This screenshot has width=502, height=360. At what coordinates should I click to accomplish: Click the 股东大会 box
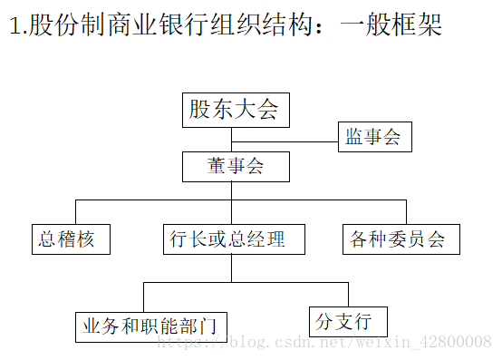[234, 111]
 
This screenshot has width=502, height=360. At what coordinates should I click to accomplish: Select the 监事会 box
[373, 138]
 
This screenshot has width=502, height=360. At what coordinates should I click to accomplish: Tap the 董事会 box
[235, 167]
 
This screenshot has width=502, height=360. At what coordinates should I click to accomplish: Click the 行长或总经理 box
[233, 239]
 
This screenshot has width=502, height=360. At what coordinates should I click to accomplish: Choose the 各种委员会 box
[399, 239]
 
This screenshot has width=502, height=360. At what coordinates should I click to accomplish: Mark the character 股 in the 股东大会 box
[198, 111]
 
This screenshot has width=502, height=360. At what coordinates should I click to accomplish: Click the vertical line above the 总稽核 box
[72, 212]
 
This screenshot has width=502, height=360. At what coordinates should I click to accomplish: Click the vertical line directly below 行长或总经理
[232, 268]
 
